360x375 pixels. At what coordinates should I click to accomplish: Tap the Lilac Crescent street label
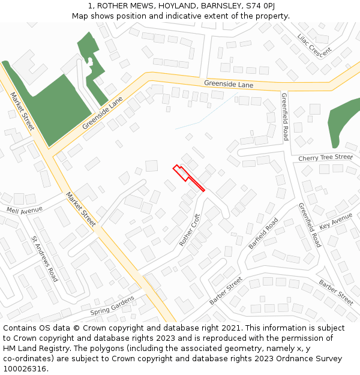pyautogui.click(x=314, y=46)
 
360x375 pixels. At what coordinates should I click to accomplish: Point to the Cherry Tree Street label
pyautogui.click(x=326, y=158)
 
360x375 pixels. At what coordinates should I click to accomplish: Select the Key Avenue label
pyautogui.click(x=335, y=221)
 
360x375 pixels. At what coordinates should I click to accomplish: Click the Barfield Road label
pyautogui.click(x=263, y=233)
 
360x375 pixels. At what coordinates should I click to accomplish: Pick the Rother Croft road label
pyautogui.click(x=190, y=230)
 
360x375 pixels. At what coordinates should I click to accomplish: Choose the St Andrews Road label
pyautogui.click(x=45, y=259)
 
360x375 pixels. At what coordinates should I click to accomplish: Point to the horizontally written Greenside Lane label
pyautogui.click(x=229, y=85)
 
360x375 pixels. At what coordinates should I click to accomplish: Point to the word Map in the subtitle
pyautogui.click(x=81, y=16)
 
